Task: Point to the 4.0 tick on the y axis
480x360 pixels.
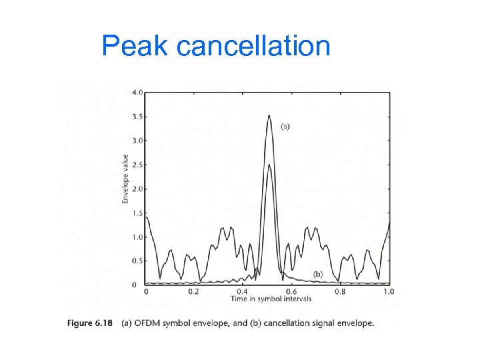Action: point(136,92)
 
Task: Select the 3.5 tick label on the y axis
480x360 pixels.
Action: point(136,117)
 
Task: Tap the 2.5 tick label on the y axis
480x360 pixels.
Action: point(136,165)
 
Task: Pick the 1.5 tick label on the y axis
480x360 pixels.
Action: point(136,213)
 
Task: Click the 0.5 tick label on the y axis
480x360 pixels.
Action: point(136,261)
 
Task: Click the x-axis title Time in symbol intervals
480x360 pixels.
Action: point(267,299)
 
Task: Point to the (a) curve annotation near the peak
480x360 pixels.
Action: point(285,126)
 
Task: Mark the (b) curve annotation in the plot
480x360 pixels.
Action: point(318,274)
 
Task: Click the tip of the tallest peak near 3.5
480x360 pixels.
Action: point(269,115)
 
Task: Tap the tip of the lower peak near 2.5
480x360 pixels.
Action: point(269,165)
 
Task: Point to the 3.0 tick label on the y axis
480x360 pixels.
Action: point(136,141)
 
